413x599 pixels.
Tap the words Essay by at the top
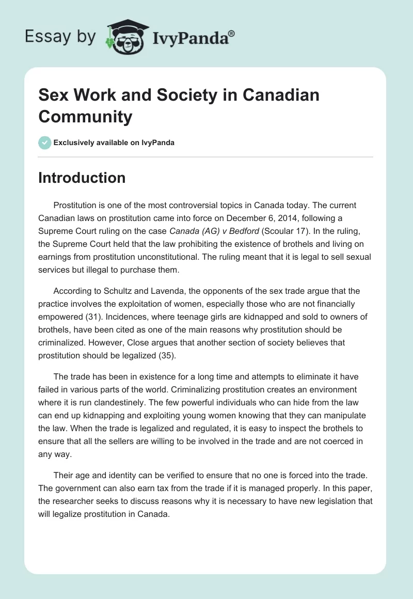61,36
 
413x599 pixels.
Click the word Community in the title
85,117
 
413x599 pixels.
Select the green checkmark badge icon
45,143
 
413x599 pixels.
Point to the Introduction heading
82,178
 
